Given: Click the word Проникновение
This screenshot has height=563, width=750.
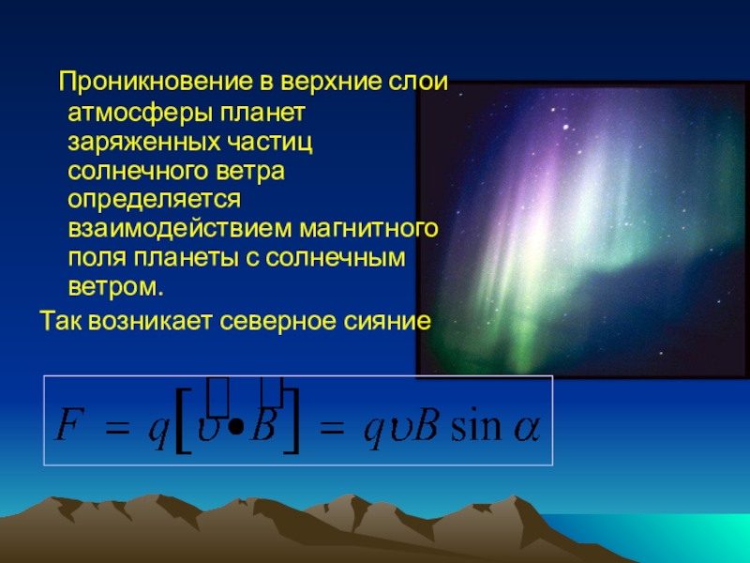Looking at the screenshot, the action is click(156, 82).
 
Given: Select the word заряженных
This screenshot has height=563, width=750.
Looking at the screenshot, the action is click(144, 143).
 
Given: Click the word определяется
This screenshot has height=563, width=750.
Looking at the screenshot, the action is click(155, 200).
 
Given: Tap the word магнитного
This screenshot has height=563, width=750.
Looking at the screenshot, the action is click(368, 229).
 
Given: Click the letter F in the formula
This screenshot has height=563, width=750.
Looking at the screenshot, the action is click(67, 424).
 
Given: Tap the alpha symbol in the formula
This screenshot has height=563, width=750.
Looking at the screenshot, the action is click(527, 428).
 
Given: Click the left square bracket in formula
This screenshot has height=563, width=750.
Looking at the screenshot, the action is click(183, 420).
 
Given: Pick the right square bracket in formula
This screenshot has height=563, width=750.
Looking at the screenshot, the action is click(292, 420).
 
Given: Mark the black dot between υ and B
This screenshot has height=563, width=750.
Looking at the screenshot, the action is click(236, 428).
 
